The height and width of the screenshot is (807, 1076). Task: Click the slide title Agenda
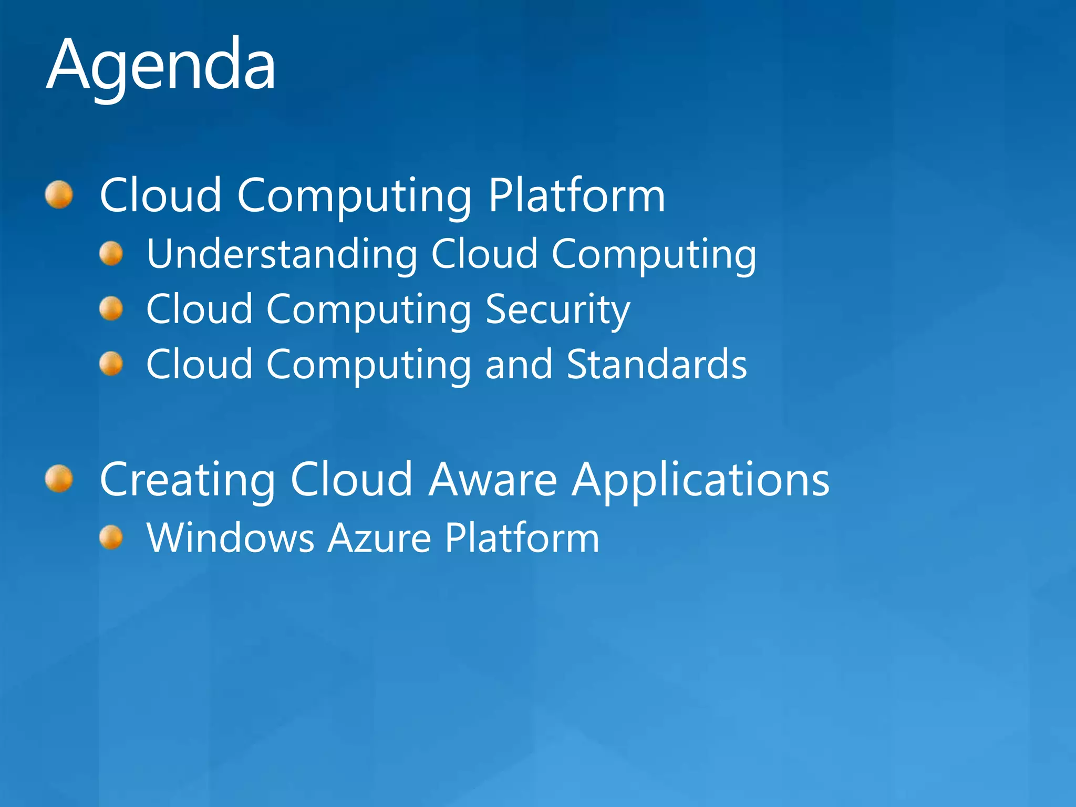click(x=161, y=66)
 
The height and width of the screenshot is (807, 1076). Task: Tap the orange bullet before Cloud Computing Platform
click(x=59, y=195)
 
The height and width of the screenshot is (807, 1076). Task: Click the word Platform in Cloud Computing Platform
click(x=576, y=195)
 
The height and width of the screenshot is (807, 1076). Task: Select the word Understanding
click(x=282, y=254)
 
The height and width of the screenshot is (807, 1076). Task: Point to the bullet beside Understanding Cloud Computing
click(x=111, y=254)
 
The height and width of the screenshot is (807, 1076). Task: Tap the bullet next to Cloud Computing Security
click(x=111, y=308)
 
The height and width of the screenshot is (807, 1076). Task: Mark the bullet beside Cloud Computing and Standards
click(x=111, y=364)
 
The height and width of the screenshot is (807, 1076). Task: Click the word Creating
click(x=187, y=480)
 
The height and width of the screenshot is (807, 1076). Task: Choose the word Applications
click(x=701, y=480)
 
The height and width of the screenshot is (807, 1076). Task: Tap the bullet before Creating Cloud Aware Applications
click(x=59, y=479)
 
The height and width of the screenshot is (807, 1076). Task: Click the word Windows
click(x=230, y=538)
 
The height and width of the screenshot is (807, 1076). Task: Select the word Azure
click(x=379, y=538)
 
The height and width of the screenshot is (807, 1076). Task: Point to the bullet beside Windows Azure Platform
click(x=111, y=538)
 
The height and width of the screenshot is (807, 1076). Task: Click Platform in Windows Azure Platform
click(x=522, y=538)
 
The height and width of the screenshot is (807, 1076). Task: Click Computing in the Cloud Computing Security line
click(x=369, y=310)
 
